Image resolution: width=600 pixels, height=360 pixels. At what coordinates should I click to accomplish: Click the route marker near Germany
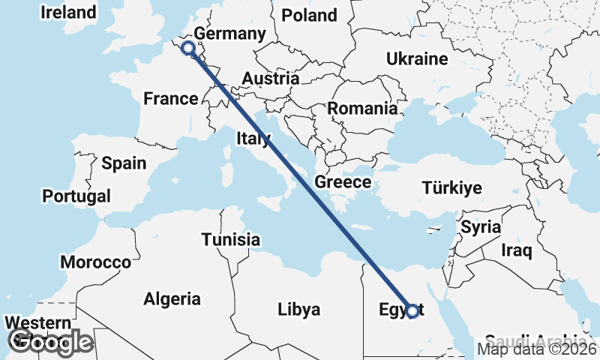(x=187, y=49)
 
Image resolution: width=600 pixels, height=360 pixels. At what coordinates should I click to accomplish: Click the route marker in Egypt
(x=412, y=311)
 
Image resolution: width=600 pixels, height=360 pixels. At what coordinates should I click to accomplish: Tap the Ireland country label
(x=68, y=13)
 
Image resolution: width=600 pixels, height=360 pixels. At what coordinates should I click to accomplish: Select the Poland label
(x=310, y=15)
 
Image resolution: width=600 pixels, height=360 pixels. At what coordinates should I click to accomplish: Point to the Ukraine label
(x=417, y=58)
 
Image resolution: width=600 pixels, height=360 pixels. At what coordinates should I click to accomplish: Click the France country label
(x=170, y=98)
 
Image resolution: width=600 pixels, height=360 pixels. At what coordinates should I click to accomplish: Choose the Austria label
(x=270, y=79)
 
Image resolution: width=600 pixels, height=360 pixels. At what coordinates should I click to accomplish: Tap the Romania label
(x=361, y=109)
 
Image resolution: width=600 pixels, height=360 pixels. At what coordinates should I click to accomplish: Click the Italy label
(x=253, y=138)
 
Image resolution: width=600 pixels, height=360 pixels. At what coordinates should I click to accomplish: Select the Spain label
(x=124, y=163)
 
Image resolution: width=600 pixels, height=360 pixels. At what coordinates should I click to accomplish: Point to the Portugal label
(x=76, y=196)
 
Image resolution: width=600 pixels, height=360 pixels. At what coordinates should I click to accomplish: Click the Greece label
(x=342, y=181)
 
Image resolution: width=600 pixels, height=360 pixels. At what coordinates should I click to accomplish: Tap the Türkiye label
(x=451, y=187)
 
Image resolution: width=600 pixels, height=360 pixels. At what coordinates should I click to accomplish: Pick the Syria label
(x=480, y=226)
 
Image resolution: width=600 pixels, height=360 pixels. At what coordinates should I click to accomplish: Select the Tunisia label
(x=230, y=240)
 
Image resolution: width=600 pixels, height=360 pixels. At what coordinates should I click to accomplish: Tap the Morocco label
(x=96, y=262)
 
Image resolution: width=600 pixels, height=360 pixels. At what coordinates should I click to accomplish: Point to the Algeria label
(x=172, y=298)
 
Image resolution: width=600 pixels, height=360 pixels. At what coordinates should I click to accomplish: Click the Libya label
(x=298, y=309)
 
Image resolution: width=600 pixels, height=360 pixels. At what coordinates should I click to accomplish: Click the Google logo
(x=51, y=342)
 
